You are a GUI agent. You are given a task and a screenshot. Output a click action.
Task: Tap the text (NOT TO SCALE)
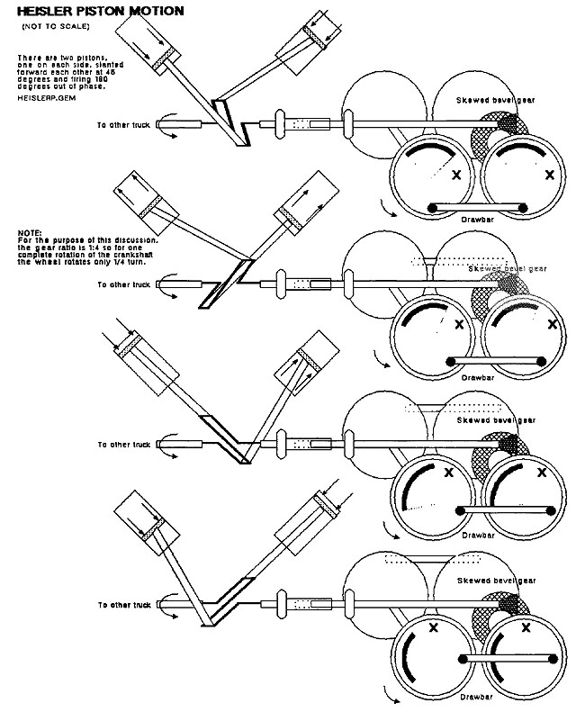click(x=49, y=29)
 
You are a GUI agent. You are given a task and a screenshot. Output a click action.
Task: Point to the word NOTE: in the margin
click(x=30, y=232)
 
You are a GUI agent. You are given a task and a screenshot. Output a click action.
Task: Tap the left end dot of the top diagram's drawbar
click(x=432, y=209)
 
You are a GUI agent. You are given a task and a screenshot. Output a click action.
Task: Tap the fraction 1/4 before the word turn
click(x=118, y=260)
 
